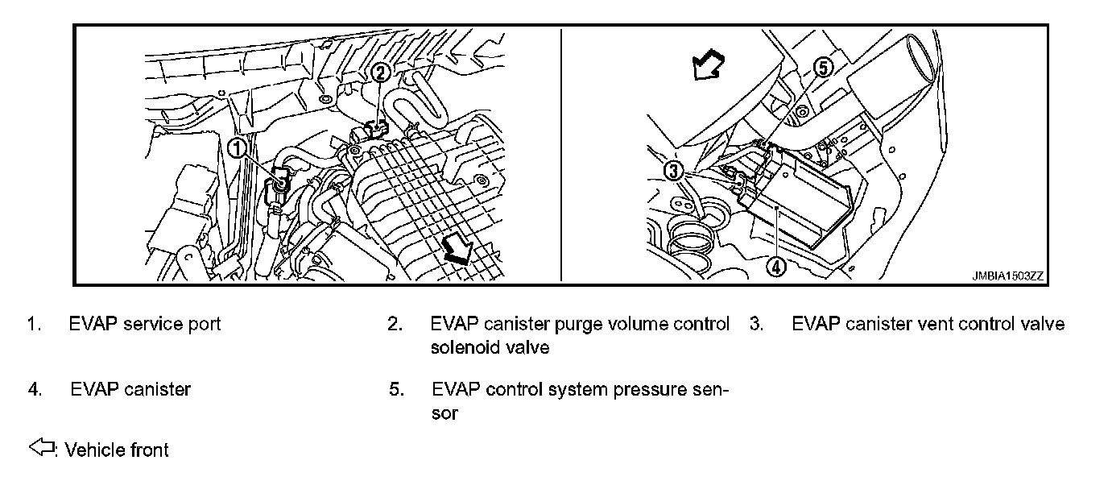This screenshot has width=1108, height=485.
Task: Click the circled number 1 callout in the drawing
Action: pyautogui.click(x=238, y=147)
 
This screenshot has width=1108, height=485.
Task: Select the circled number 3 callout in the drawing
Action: pyautogui.click(x=675, y=170)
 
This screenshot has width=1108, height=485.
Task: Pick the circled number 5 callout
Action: pyautogui.click(x=821, y=68)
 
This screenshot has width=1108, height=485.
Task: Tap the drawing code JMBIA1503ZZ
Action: pyautogui.click(x=1007, y=275)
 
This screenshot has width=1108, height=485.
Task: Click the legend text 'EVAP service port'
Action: pyautogui.click(x=145, y=324)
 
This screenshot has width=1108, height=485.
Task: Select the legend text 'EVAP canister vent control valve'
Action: pyautogui.click(x=928, y=324)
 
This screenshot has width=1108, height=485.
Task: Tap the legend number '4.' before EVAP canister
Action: pyautogui.click(x=35, y=390)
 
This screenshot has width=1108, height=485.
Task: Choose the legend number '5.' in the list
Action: pyautogui.click(x=395, y=390)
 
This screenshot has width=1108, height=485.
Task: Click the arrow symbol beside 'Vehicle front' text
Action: pyautogui.click(x=41, y=448)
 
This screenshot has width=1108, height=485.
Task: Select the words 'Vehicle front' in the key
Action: pyautogui.click(x=117, y=450)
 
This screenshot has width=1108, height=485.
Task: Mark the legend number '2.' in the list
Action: pyautogui.click(x=395, y=324)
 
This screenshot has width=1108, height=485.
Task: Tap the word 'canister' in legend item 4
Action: pyautogui.click(x=158, y=390)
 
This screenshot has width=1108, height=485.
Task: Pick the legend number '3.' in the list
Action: pyautogui.click(x=756, y=324)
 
